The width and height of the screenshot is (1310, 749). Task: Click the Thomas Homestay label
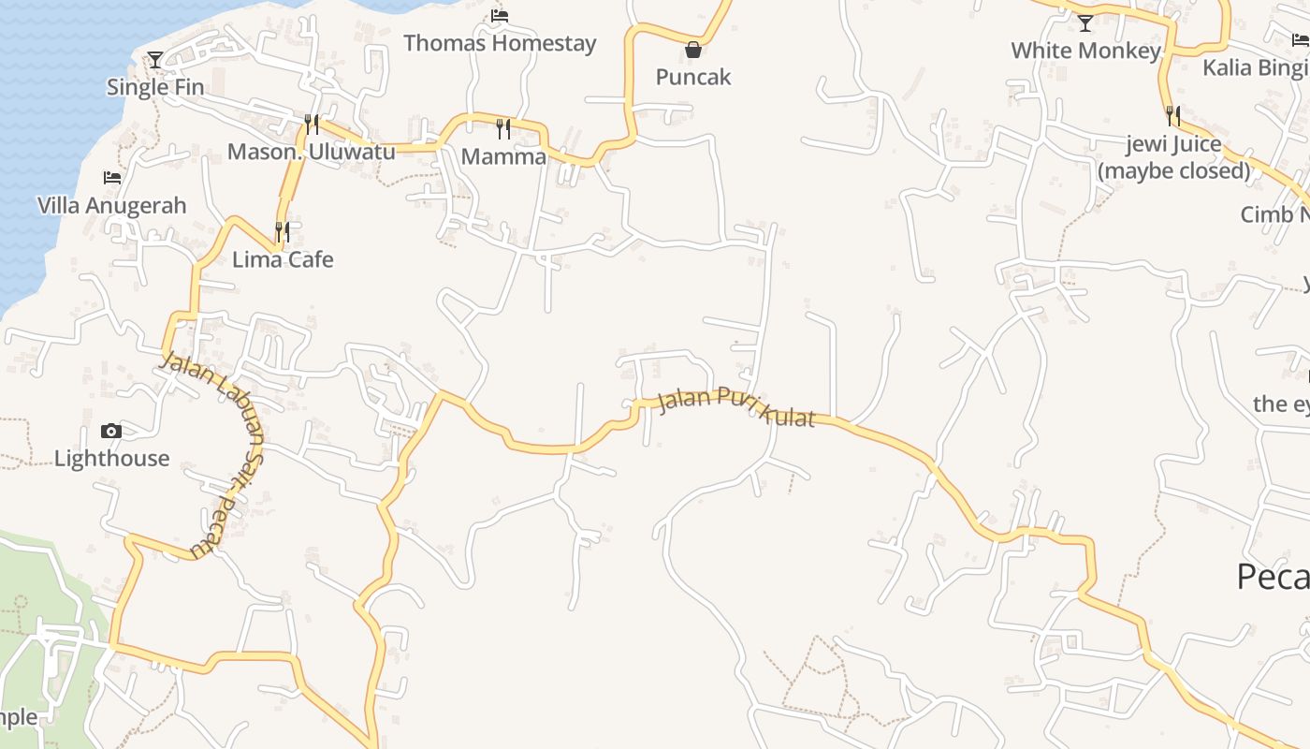[x=500, y=43]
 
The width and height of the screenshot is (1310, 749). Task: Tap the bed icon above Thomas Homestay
[x=500, y=16]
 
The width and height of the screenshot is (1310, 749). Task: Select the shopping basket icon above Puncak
[x=692, y=50]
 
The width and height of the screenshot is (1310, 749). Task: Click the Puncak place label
[x=692, y=77]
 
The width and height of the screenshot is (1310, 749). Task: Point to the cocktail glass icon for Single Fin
[x=155, y=60]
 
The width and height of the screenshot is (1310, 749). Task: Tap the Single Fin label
[x=155, y=87]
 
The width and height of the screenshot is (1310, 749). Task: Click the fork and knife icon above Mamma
[x=503, y=128]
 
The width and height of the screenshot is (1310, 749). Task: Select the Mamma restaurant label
[x=503, y=156]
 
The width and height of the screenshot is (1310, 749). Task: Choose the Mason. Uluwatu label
[x=311, y=152]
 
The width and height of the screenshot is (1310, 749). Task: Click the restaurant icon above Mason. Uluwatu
[x=311, y=125]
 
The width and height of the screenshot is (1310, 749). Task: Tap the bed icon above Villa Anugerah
[x=112, y=178]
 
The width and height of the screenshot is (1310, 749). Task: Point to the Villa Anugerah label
[x=112, y=205]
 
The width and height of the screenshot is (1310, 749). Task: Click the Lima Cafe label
[x=282, y=259]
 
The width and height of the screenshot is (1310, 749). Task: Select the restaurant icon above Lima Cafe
[x=282, y=231]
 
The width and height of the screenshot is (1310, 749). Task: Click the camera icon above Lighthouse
[x=111, y=431]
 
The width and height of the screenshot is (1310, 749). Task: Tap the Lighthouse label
[x=111, y=458]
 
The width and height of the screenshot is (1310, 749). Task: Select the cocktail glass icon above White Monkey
[x=1085, y=23]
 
